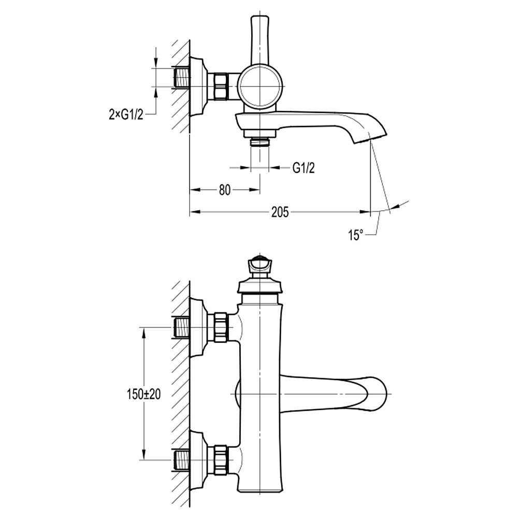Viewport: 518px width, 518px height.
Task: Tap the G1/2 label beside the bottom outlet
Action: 304,167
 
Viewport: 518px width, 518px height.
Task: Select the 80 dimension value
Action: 224,190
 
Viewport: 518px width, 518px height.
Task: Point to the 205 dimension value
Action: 280,212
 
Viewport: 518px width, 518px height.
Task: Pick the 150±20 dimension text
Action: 143,394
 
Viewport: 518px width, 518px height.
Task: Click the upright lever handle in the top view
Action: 260,39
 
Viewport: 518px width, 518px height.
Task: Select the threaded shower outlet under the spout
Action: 260,142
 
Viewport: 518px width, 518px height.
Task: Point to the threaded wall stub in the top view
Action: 181,78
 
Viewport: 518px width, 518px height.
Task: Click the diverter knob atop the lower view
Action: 260,266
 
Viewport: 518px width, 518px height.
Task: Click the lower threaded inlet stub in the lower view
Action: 181,460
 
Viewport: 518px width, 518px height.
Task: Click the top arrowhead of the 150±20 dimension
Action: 143,332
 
